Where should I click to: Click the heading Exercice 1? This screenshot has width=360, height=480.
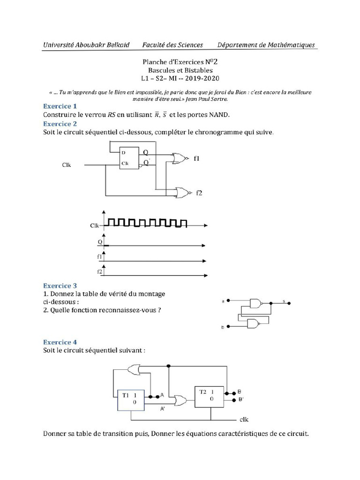click(x=60, y=106)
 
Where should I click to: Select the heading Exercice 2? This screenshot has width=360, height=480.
click(x=60, y=124)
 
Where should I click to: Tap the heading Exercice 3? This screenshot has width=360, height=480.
click(x=60, y=285)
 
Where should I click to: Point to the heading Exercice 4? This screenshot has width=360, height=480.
click(x=60, y=342)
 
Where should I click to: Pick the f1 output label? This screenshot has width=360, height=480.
click(x=197, y=159)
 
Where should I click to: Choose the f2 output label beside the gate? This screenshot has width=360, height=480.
click(x=199, y=193)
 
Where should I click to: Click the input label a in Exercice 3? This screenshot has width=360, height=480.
click(x=223, y=301)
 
